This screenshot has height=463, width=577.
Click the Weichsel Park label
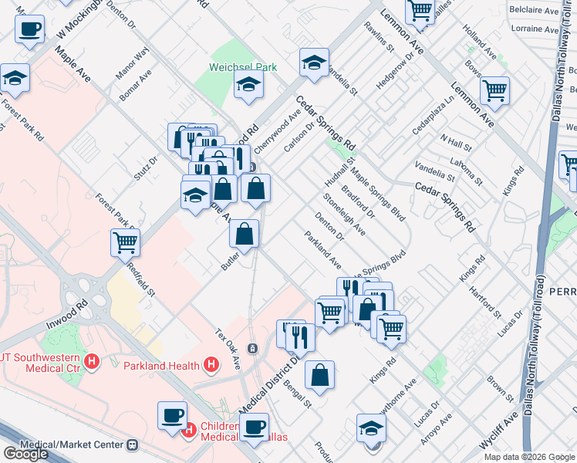coord(245,67)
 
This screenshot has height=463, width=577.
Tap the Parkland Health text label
coord(161,364)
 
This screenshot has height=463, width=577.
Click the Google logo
coord(25,454)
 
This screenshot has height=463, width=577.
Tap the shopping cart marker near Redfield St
coord(125,242)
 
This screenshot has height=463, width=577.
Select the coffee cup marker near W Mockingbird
coord(29,29)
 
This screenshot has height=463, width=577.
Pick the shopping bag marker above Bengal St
coord(319,375)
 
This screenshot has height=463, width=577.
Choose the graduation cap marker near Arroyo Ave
coord(372,428)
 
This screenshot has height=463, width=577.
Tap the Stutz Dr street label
coord(145,167)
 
